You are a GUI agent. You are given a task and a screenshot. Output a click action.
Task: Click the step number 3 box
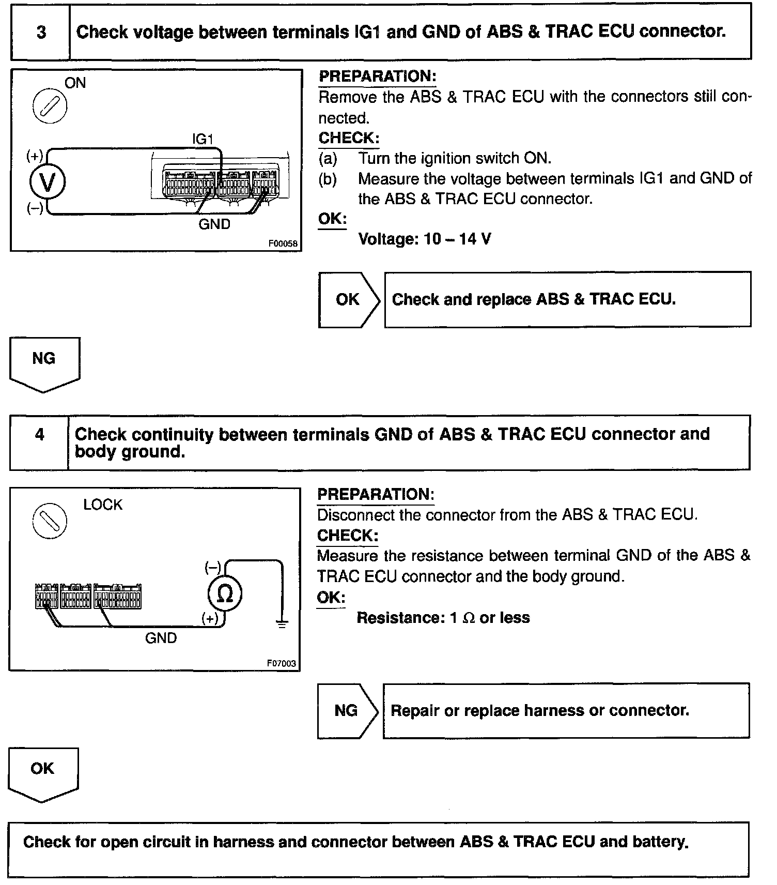pyautogui.click(x=41, y=32)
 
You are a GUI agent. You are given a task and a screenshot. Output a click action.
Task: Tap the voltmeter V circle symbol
pyautogui.click(x=48, y=182)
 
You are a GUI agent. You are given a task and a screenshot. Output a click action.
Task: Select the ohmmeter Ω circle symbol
pyautogui.click(x=225, y=593)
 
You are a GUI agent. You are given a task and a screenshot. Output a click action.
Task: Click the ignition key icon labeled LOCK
pyautogui.click(x=50, y=520)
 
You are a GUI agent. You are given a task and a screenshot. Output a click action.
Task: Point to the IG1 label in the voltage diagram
pyautogui.click(x=203, y=139)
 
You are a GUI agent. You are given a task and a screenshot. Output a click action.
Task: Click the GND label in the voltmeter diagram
pyautogui.click(x=214, y=224)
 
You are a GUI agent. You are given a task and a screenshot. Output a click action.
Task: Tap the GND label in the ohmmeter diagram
pyautogui.click(x=161, y=638)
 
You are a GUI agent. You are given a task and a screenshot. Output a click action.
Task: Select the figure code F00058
pyautogui.click(x=283, y=243)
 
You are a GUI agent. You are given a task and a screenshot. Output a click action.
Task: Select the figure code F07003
pyautogui.click(x=282, y=663)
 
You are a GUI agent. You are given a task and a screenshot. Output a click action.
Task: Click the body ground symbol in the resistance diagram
pyautogui.click(x=282, y=624)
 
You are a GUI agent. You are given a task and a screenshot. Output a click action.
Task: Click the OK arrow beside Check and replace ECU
pyautogui.click(x=349, y=299)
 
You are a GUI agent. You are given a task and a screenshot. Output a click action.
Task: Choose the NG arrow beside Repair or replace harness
pyautogui.click(x=347, y=710)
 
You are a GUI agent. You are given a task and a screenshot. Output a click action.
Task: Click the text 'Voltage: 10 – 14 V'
pyautogui.click(x=424, y=239)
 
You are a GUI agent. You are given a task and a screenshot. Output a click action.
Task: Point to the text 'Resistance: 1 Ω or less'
pyautogui.click(x=443, y=618)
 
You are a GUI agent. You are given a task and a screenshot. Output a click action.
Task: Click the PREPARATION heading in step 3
pyautogui.click(x=377, y=77)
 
